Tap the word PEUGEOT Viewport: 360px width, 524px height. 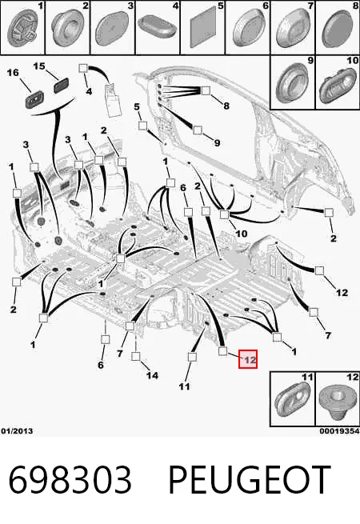pos(250,480)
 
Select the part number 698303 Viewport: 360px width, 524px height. pos(70,480)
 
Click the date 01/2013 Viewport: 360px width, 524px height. pos(17,431)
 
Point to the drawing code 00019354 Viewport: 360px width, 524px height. pos(339,431)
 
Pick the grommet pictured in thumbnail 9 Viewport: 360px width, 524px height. pos(292,83)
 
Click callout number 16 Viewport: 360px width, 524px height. pos(13,73)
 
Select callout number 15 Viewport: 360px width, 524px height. pos(38,66)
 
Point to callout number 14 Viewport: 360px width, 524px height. pos(152,376)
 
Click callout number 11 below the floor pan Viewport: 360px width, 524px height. pos(184,386)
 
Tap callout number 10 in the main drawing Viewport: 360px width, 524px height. pos(241,234)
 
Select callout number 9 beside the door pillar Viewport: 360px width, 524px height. pos(217,142)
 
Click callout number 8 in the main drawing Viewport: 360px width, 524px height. pos(226,106)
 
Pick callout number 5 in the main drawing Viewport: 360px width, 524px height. pos(137,106)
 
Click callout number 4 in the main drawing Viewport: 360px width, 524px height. pos(89,91)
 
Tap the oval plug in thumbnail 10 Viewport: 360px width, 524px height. pos(338,86)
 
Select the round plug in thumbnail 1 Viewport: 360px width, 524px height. pos(22,30)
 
